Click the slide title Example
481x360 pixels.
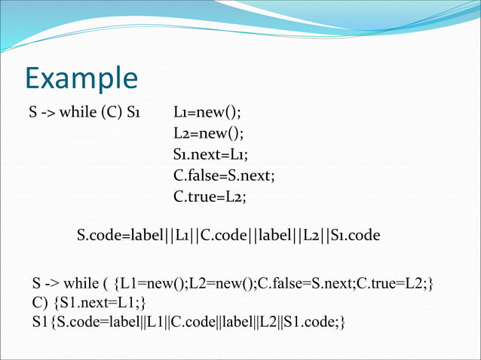(x=81, y=78)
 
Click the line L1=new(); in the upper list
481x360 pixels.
(x=207, y=114)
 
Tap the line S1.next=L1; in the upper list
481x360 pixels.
(x=210, y=154)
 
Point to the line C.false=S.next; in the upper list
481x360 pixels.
(x=224, y=175)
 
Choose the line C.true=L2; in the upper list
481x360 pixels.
(x=210, y=196)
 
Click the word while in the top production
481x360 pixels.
(x=78, y=114)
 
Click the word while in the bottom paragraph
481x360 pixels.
(x=81, y=284)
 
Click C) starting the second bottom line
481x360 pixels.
(x=39, y=304)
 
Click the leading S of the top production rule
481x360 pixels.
(x=33, y=114)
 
